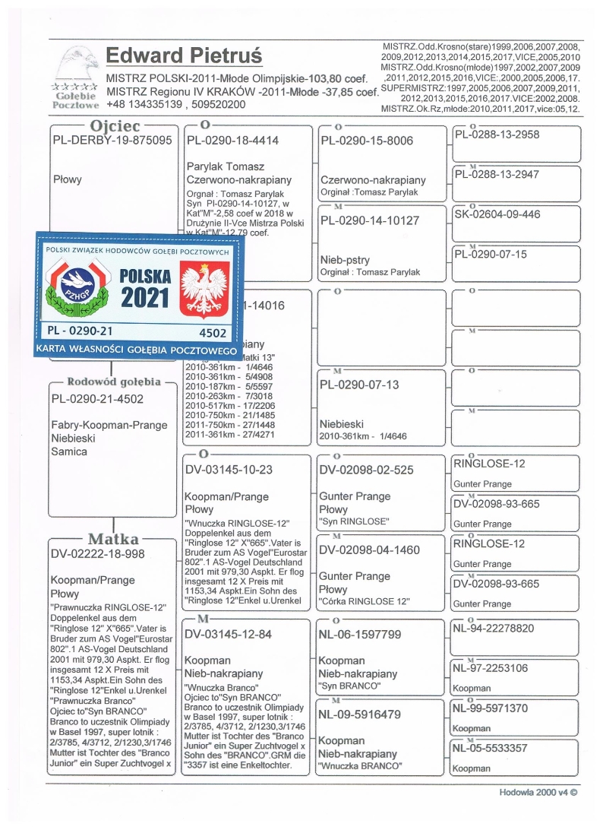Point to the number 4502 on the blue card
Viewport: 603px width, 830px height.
[x=213, y=332]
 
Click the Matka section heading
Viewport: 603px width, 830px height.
[x=112, y=539]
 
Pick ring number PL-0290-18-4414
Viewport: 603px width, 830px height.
[x=232, y=141]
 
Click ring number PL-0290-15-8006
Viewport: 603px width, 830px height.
[x=367, y=141]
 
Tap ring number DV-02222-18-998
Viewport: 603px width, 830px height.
[x=97, y=554]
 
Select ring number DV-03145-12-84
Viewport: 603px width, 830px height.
[x=229, y=635]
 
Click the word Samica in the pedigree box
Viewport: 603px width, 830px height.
[x=69, y=451]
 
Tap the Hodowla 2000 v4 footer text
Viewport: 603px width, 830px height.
[x=538, y=792]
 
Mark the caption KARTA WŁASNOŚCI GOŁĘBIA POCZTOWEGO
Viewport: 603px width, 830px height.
[x=137, y=350]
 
